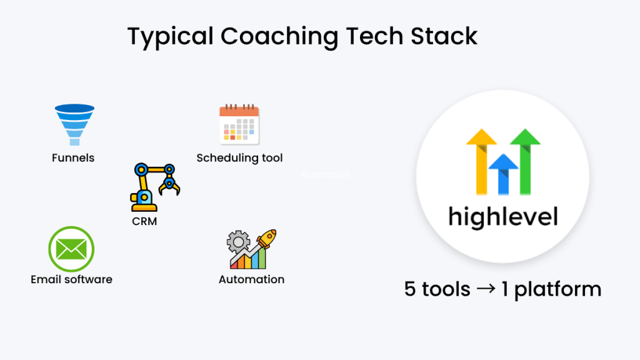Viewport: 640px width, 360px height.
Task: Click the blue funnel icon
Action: tap(74, 124)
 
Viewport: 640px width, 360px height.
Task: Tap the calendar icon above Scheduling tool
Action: tap(239, 125)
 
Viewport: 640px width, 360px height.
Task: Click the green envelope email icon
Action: tap(71, 249)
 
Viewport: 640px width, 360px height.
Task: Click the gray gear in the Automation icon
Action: tap(237, 241)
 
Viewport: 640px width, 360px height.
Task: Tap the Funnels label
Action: tap(73, 158)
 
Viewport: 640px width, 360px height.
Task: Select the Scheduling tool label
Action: tap(239, 158)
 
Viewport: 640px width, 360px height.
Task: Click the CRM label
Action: tap(144, 221)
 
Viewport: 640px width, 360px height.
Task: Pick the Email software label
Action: tap(71, 279)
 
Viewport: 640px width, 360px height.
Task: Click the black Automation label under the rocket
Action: tap(251, 279)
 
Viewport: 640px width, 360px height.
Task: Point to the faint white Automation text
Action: tap(324, 175)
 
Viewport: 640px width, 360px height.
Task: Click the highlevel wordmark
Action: tap(502, 216)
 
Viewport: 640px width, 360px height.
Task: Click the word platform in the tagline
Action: tap(557, 290)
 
